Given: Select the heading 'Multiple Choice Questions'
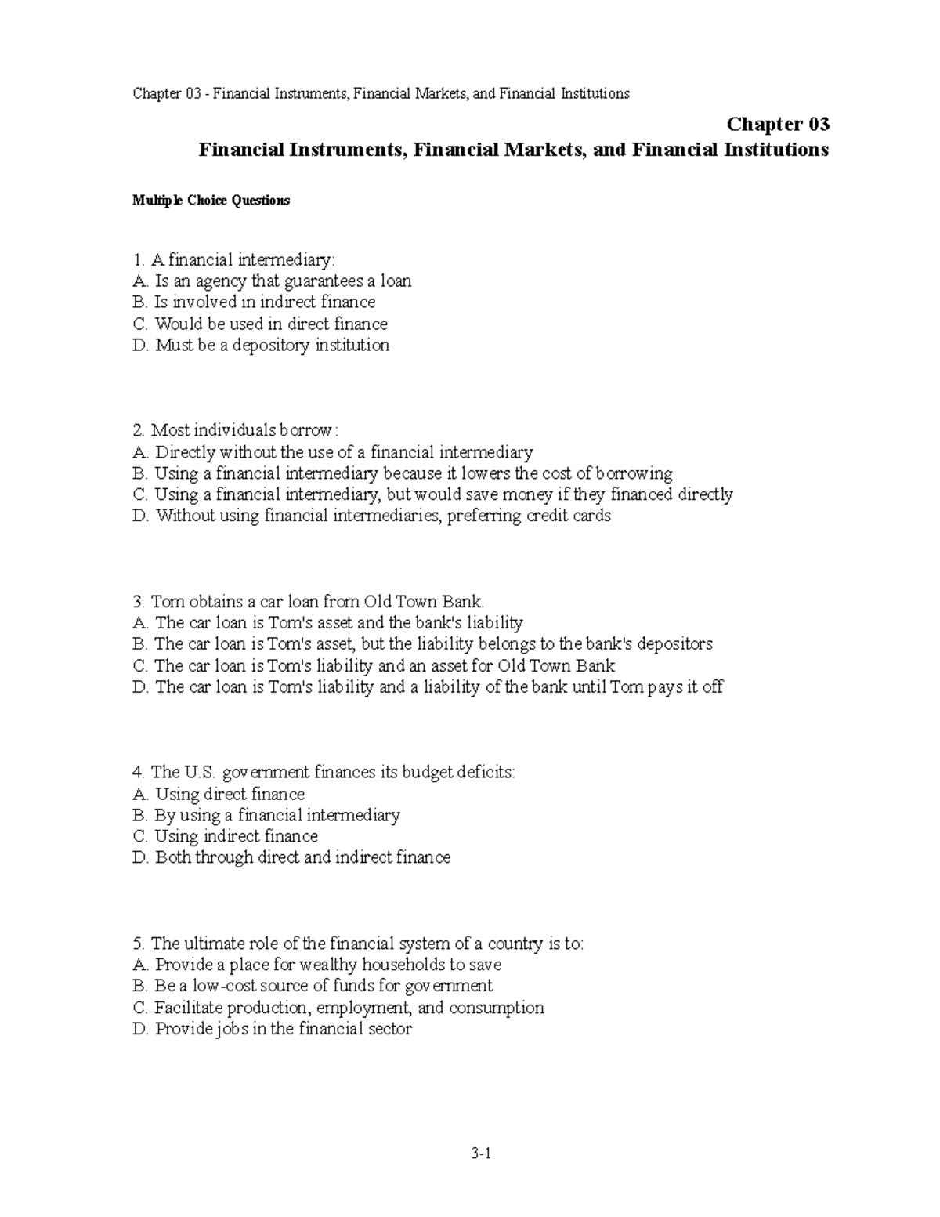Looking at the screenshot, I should (211, 201).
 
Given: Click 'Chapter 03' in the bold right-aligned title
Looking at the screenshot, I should (778, 125).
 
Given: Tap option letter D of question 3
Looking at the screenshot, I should (140, 687).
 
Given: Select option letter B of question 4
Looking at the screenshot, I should (139, 816).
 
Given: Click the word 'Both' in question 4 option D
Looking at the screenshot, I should (173, 858).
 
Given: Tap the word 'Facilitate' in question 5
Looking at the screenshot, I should (187, 1008).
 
